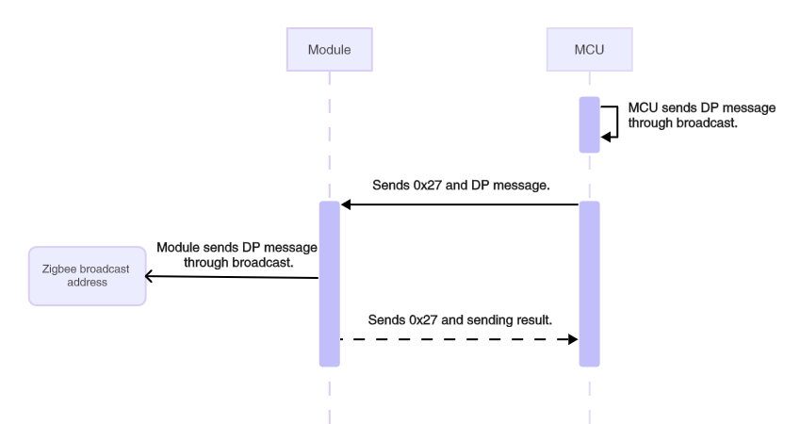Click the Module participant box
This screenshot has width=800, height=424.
click(x=329, y=49)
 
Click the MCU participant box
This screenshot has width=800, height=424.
click(x=589, y=49)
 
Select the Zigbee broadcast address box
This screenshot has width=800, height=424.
click(x=87, y=275)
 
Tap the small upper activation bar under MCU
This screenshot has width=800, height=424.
click(x=589, y=123)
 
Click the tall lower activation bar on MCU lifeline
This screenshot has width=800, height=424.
click(x=589, y=283)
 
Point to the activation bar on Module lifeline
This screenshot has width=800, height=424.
click(x=329, y=283)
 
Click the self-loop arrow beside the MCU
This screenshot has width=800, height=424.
click(x=611, y=121)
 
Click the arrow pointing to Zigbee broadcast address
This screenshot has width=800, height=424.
click(x=232, y=277)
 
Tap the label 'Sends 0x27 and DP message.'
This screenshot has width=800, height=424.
click(x=461, y=187)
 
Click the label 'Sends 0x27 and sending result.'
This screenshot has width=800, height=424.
click(x=461, y=320)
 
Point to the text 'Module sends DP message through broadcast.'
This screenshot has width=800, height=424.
click(x=237, y=253)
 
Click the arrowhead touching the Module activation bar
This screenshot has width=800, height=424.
click(x=346, y=204)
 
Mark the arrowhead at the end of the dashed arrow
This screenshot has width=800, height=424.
click(x=572, y=338)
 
